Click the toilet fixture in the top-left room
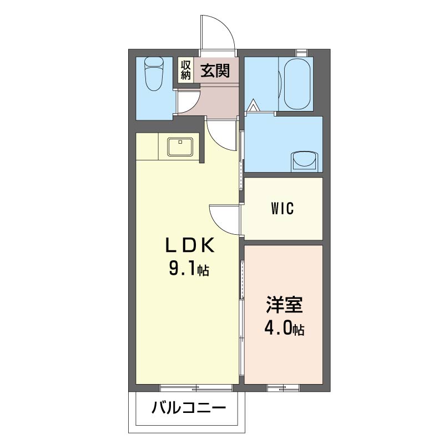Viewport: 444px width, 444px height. coord(154,74)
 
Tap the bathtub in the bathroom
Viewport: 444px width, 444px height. coord(297,84)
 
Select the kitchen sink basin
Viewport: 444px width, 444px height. coord(180,147)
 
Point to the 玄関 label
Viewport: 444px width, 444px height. coord(215,70)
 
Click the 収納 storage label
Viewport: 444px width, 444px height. coord(186,70)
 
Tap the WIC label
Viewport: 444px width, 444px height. coord(282,209)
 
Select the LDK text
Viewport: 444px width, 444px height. coord(190,245)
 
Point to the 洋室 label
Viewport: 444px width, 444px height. coord(284,305)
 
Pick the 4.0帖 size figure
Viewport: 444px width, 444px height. coord(285,329)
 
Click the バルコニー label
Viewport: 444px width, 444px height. coord(189,408)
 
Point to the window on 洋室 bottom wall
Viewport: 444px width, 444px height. coord(283,387)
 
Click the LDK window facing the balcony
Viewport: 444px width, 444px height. coord(196,387)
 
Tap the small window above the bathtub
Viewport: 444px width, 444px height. coord(302,53)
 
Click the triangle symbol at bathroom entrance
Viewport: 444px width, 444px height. coord(254,105)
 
